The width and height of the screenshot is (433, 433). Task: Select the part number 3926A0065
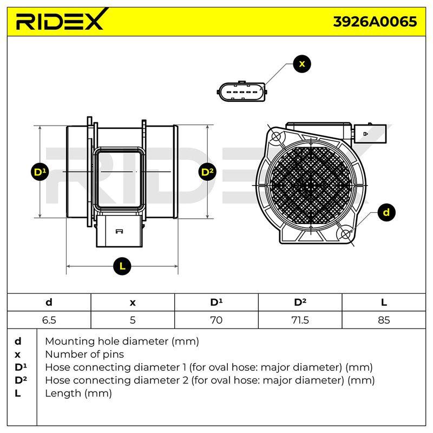pos(375,22)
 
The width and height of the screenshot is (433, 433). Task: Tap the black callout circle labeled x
pos(302,64)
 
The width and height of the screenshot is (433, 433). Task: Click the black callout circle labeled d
pos(386,212)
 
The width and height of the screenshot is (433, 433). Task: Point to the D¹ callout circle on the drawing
pos(40,172)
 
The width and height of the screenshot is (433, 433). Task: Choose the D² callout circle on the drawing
pos(207,172)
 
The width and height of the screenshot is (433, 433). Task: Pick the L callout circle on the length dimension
pos(122,266)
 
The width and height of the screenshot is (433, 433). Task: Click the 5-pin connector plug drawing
pos(242,91)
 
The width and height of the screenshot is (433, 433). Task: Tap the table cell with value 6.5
pos(49,320)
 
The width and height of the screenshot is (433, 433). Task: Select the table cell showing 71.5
pos(300,320)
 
